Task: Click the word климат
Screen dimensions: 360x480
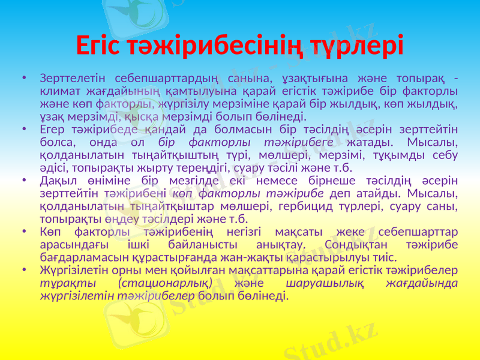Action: click(x=59, y=91)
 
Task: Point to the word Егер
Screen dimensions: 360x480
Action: click(x=51, y=128)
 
